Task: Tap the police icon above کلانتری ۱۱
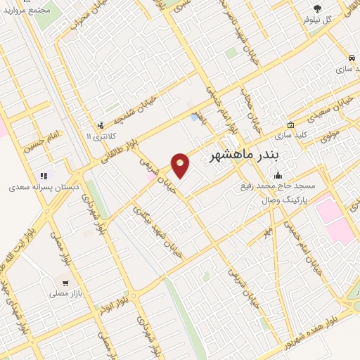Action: point(101,122)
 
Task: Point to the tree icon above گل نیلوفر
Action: point(317,8)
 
